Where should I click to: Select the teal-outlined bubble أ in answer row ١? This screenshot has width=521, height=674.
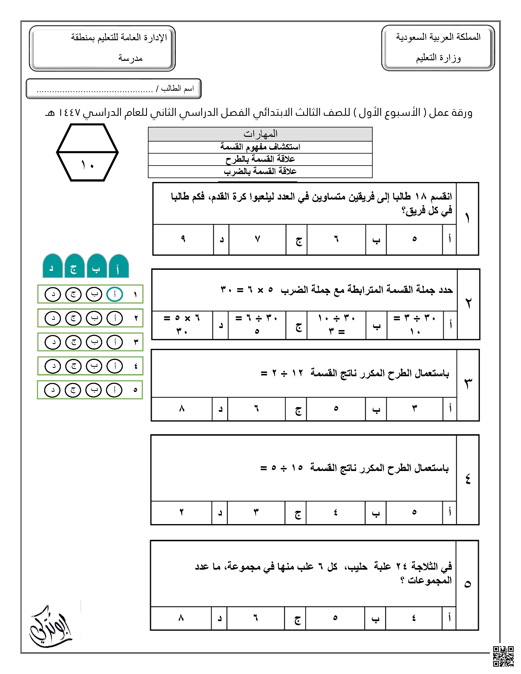(x=114, y=294)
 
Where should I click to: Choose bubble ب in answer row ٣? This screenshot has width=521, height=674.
(x=94, y=342)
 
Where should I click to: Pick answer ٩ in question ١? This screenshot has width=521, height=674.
(x=183, y=239)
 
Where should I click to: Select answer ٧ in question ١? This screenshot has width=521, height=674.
(x=257, y=239)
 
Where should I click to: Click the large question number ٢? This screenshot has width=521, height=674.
(x=468, y=304)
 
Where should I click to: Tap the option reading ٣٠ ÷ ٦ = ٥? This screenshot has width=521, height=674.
(x=257, y=325)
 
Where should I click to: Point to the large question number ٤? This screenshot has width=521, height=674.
(x=468, y=479)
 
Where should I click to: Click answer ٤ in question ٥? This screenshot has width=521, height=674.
(x=414, y=618)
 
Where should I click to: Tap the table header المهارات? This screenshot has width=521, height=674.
(x=260, y=134)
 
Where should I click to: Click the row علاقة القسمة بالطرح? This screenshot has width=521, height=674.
(x=260, y=159)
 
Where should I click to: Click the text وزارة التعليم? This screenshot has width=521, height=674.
(x=438, y=58)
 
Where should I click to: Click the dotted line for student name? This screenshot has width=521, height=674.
(x=94, y=91)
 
